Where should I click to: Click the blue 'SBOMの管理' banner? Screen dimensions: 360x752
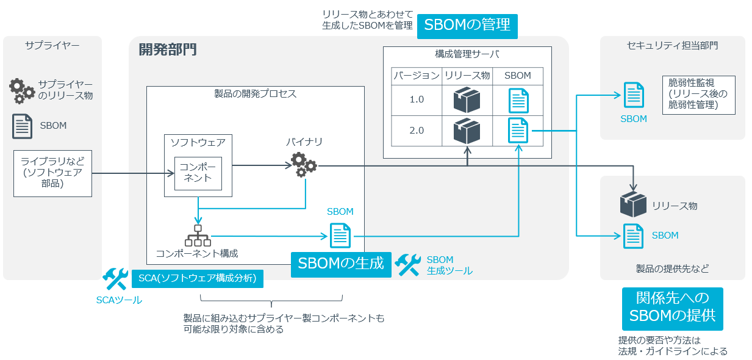tap(467, 26)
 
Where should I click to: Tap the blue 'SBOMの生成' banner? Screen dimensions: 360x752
tap(340, 264)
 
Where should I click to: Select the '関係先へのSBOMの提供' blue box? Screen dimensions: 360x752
tap(672, 309)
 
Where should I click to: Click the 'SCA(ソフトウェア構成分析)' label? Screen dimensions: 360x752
tap(198, 279)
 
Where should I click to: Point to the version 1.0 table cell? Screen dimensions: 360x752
tap(416, 99)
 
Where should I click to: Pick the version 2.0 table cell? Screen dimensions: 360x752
tap(416, 131)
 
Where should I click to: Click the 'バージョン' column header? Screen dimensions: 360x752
tap(416, 76)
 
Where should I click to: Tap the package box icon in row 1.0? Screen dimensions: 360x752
tap(467, 99)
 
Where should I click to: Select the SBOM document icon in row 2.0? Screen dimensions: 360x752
tap(518, 131)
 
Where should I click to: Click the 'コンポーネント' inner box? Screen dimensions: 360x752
tap(198, 173)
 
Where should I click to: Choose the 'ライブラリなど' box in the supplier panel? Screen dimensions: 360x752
tap(52, 173)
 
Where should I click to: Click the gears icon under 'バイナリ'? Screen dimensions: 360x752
tap(303, 165)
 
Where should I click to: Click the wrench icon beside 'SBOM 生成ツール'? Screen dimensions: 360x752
tap(407, 265)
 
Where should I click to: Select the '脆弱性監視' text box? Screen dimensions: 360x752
tap(698, 95)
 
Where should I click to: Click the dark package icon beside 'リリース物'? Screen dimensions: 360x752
tap(633, 205)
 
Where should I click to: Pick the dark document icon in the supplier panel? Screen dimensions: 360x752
tap(23, 126)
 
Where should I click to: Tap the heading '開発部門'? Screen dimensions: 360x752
tap(168, 49)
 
